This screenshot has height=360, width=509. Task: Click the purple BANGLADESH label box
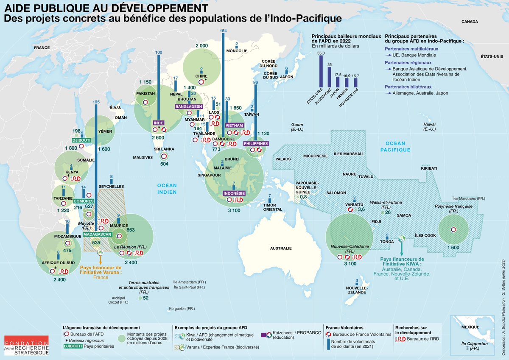tap(189, 106)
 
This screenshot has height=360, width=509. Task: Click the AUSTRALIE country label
tap(281, 248)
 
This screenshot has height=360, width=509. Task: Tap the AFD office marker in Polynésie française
tap(453, 229)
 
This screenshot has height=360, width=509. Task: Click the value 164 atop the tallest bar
tap(224, 31)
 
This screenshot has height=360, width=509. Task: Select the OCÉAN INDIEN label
tap(167, 189)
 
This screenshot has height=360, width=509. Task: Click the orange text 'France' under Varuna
tap(101, 277)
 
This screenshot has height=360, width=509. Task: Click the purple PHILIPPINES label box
tap(255, 144)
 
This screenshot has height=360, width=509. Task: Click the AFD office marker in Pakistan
tap(145, 102)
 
